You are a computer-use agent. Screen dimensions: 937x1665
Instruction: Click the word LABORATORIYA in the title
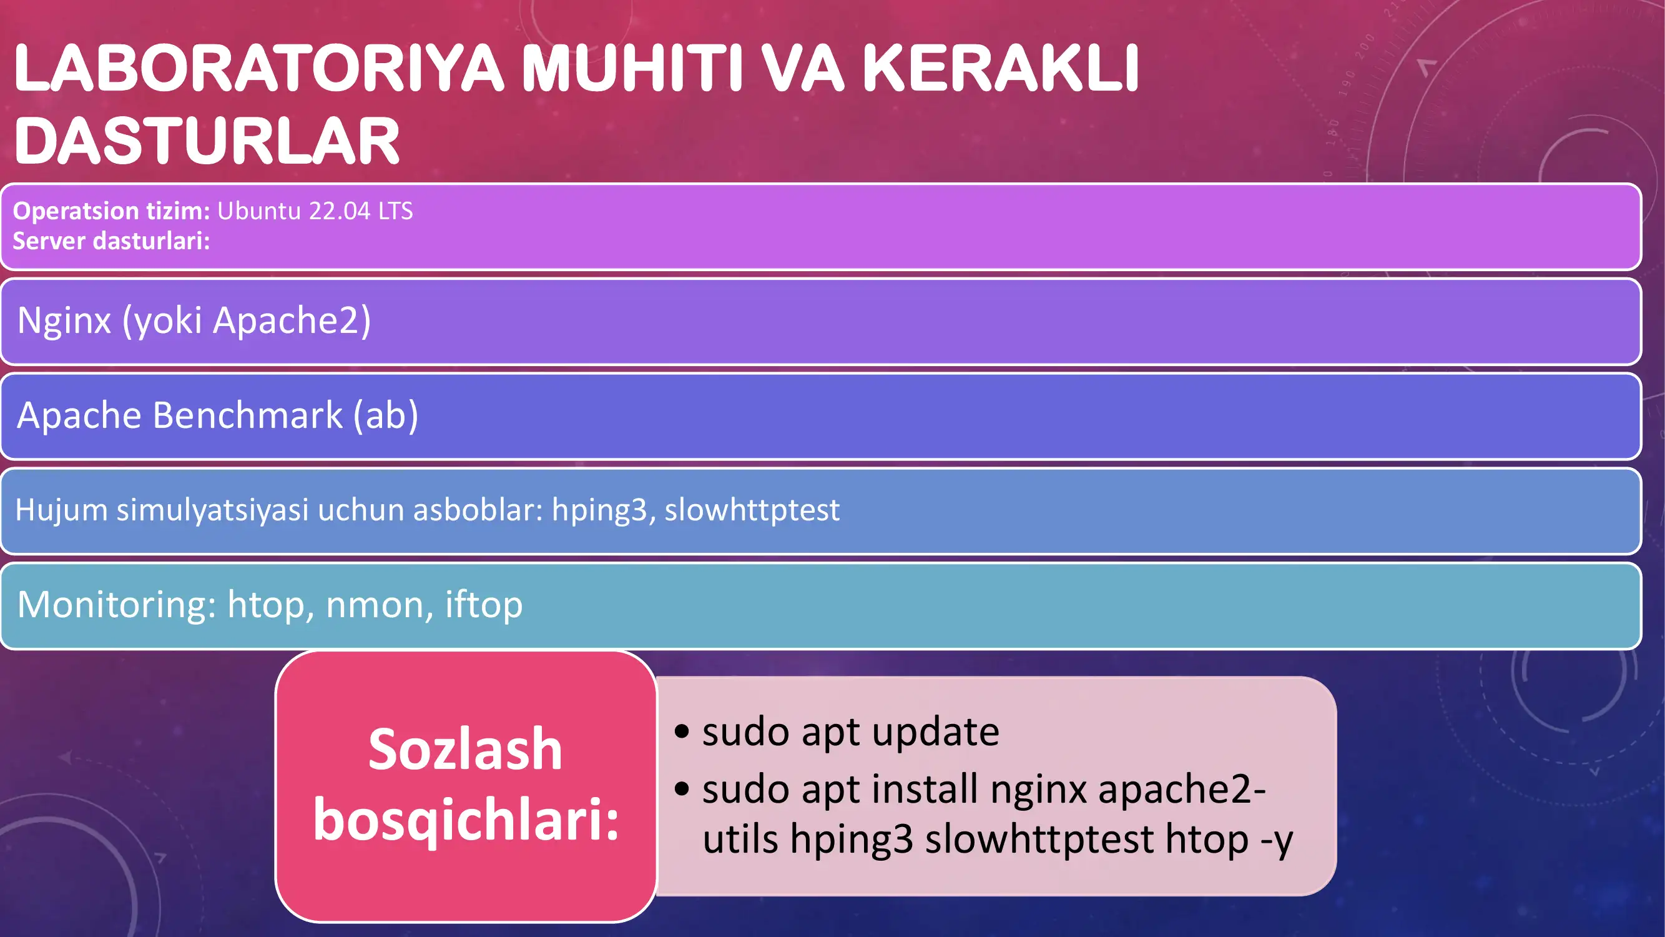tap(258, 68)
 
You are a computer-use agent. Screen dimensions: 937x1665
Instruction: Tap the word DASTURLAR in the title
tap(207, 141)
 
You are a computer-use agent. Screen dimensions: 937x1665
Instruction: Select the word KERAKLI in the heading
tap(1001, 68)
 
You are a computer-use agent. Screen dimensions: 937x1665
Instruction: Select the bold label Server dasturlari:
tap(111, 241)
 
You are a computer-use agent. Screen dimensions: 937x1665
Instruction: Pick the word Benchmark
tap(248, 415)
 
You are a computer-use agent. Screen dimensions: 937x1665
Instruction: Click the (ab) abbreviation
tap(386, 415)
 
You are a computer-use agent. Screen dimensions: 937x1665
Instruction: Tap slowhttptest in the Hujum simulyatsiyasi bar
tap(752, 510)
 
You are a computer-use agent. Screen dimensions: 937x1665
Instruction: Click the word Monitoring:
tap(116, 605)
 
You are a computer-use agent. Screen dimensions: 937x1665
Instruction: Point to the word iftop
tap(483, 605)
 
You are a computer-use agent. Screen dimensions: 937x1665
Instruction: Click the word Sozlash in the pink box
tap(465, 750)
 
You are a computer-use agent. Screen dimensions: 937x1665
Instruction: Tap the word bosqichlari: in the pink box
tap(465, 820)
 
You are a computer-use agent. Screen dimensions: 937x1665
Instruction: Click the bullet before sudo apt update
tap(681, 732)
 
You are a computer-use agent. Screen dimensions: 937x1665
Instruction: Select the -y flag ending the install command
tap(1277, 840)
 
